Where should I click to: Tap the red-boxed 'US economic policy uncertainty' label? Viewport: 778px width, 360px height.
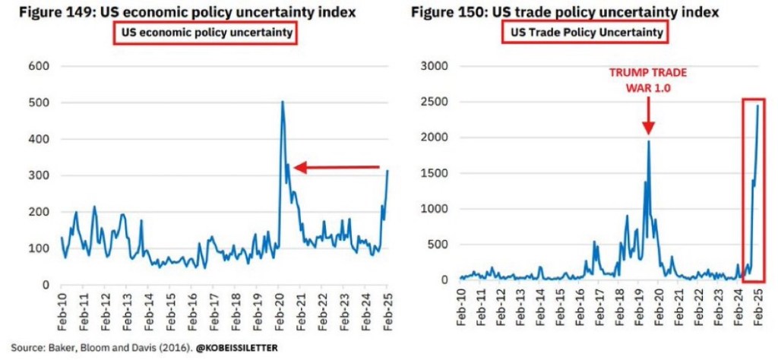(203, 33)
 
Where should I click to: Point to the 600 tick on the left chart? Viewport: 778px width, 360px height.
(39, 67)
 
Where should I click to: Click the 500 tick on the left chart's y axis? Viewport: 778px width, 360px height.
(39, 103)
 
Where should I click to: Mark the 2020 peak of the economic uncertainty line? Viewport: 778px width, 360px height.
(282, 102)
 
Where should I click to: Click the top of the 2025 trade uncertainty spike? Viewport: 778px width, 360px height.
(757, 106)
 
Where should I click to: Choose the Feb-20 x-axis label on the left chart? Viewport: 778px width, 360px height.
(280, 308)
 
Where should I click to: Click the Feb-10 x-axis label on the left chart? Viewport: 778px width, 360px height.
(62, 308)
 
